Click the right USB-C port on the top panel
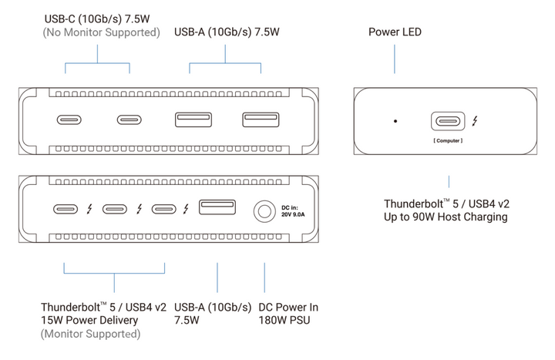129,119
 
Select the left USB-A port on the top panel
193,119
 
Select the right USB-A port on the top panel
260,119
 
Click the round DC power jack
265,210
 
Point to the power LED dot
395,121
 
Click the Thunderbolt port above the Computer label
448,121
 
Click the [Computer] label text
448,141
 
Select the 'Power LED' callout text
395,32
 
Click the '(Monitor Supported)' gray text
91,334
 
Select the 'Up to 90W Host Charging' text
446,217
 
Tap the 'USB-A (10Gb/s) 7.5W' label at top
226,32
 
